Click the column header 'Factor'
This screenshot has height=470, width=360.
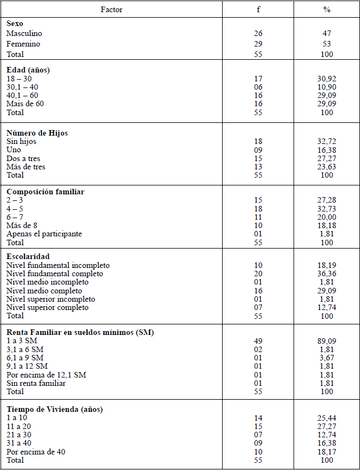(112, 9)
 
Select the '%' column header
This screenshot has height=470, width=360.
(327, 9)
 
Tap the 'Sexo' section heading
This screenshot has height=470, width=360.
(16, 24)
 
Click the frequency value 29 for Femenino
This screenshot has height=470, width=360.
(258, 44)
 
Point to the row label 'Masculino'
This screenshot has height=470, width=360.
(24, 34)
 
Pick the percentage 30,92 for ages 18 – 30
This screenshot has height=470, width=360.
(327, 79)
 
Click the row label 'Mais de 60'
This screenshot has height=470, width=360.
(25, 104)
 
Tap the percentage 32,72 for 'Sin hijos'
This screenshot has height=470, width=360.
(327, 142)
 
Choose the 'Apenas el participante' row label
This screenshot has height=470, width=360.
(44, 234)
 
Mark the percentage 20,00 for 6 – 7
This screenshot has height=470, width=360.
(327, 218)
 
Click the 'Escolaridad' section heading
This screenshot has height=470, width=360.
(28, 257)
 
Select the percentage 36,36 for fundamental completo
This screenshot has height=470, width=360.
(327, 274)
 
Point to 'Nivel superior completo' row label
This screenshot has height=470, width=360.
(47, 307)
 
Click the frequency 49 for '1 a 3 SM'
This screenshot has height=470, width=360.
(258, 341)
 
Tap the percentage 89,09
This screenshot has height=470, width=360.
(327, 341)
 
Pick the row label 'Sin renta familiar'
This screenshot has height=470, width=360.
(36, 383)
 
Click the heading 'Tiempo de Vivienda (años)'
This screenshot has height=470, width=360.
(55, 409)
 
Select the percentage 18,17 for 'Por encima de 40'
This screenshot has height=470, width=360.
(327, 452)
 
